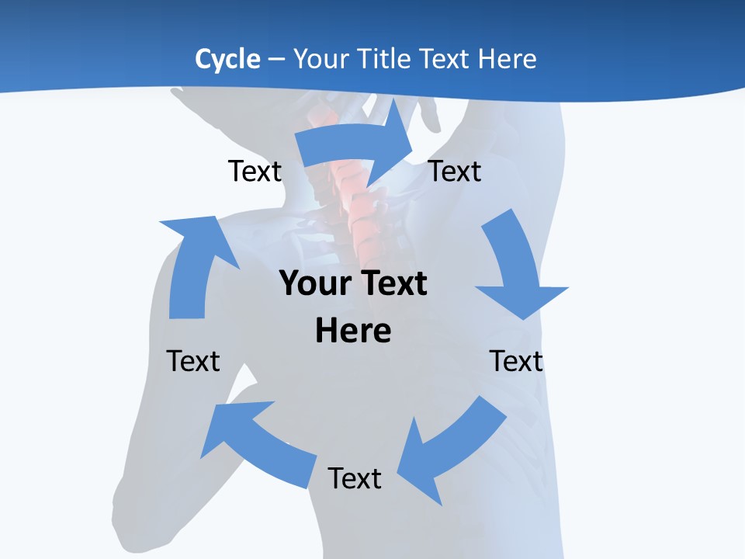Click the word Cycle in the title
[x=227, y=59]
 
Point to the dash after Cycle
[x=276, y=59]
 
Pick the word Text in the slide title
[x=443, y=59]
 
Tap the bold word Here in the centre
[x=353, y=331]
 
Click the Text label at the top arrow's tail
[x=255, y=171]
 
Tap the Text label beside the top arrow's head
[x=455, y=171]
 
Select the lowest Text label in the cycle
[x=355, y=478]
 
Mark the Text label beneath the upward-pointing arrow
[x=193, y=361]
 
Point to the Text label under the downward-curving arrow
[x=516, y=361]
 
